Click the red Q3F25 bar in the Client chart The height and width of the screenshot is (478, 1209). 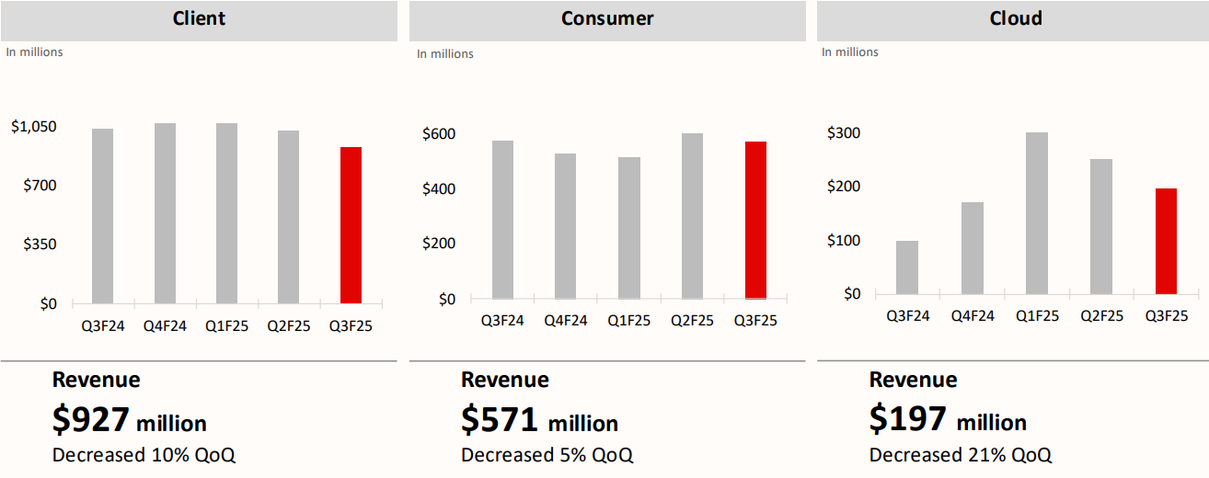[351, 225]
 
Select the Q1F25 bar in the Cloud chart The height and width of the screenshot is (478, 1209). [1037, 213]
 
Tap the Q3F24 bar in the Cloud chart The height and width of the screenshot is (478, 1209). [907, 267]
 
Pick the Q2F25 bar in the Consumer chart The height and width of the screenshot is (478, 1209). [692, 216]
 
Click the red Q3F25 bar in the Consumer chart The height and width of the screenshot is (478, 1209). [755, 221]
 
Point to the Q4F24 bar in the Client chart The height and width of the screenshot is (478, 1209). [165, 213]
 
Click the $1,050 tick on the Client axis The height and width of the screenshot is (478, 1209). [33, 127]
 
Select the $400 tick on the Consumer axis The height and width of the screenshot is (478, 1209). [438, 189]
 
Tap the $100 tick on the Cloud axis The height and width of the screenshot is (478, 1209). [844, 241]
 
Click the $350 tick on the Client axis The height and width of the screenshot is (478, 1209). [40, 245]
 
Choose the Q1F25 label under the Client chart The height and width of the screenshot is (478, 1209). [226, 325]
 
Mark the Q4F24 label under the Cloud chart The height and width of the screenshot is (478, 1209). [973, 316]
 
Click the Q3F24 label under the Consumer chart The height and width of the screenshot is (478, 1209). [502, 321]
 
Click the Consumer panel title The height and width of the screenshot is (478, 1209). [607, 18]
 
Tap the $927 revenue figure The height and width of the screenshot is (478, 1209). [91, 419]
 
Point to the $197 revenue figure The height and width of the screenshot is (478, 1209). [908, 419]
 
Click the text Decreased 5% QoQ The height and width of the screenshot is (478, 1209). [547, 455]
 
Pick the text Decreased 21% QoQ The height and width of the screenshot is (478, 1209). [961, 454]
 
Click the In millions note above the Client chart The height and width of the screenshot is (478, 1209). [35, 52]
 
